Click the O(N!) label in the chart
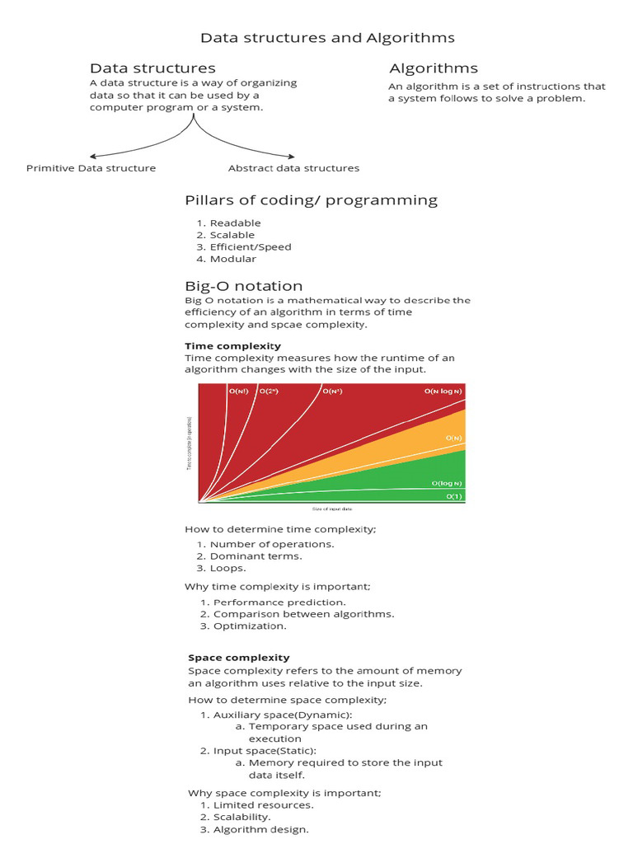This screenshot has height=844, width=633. tap(238, 392)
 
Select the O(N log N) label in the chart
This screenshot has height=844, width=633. tap(443, 392)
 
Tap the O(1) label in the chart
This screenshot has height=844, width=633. tap(453, 497)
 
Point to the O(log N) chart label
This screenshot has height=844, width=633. tap(448, 483)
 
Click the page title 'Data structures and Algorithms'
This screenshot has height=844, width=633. tap(327, 38)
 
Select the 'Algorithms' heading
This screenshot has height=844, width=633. tap(433, 68)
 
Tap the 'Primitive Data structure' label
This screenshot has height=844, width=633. tap(91, 168)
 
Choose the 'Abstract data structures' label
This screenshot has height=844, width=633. tap(293, 168)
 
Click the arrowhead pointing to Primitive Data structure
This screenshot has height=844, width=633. tap(92, 156)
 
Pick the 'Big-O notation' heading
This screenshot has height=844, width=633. tap(243, 286)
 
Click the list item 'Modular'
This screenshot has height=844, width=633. tap(232, 259)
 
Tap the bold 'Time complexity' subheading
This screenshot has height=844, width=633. tap(232, 346)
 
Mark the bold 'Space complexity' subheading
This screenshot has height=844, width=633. tap(238, 658)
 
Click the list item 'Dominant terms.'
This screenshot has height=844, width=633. tap(256, 556)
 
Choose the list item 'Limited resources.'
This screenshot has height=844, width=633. tap(263, 805)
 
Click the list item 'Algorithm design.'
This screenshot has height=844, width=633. tap(260, 829)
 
